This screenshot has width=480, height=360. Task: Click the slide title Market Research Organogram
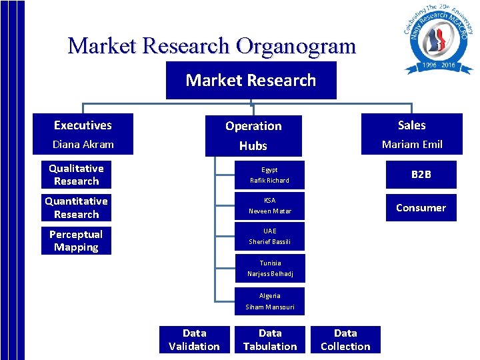click(211, 46)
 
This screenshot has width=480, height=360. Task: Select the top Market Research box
click(251, 80)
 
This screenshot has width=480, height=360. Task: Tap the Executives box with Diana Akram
click(83, 134)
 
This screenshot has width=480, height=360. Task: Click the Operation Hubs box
click(253, 135)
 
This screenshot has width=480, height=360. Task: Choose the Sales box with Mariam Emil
click(411, 134)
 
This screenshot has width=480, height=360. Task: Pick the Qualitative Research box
click(76, 175)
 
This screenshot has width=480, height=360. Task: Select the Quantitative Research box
click(76, 207)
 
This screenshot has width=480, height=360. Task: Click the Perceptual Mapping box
click(76, 241)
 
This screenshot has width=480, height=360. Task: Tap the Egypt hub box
click(269, 175)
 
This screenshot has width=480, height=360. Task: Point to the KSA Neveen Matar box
click(269, 206)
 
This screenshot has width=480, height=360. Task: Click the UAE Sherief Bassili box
click(269, 237)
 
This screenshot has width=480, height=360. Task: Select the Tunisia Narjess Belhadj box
click(269, 269)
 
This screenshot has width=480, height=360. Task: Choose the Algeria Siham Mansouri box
click(269, 301)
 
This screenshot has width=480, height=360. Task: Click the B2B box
click(421, 175)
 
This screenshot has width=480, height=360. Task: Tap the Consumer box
click(421, 207)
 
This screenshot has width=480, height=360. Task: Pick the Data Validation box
click(194, 339)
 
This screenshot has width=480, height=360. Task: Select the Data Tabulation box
click(269, 339)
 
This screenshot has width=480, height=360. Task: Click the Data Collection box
click(345, 339)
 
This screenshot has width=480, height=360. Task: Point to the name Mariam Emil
click(411, 144)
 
